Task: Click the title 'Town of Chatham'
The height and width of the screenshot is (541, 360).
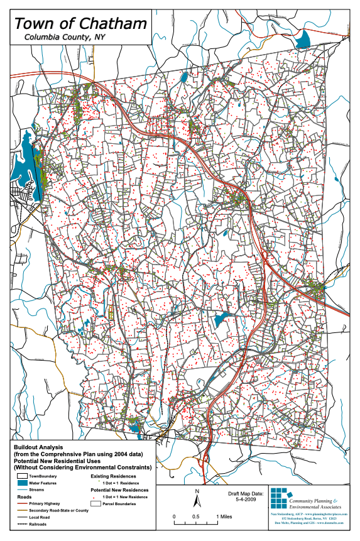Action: [81, 24]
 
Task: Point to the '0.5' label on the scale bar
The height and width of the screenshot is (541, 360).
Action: [197, 516]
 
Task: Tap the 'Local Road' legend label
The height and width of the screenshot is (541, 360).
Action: [40, 516]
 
